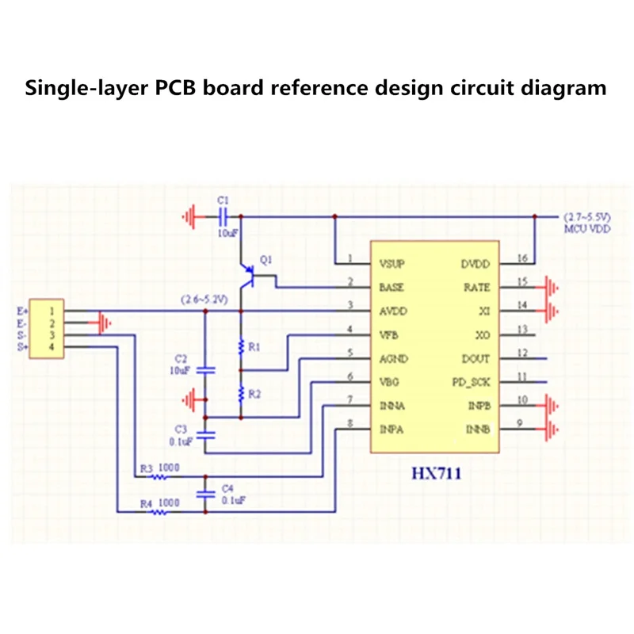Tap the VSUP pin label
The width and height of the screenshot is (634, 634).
click(393, 263)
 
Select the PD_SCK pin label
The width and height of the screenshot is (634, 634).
click(472, 382)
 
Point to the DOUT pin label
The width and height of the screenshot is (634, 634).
click(476, 358)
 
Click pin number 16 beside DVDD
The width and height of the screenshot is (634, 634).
click(521, 258)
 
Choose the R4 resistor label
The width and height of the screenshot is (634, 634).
click(147, 502)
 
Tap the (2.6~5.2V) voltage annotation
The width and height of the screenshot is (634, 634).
click(204, 300)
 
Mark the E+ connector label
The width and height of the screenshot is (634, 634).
click(21, 311)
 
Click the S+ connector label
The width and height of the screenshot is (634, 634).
click(21, 347)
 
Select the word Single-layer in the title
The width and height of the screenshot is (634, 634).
click(79, 88)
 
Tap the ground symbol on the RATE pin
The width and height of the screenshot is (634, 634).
click(553, 287)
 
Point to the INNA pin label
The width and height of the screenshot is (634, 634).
click(394, 406)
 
